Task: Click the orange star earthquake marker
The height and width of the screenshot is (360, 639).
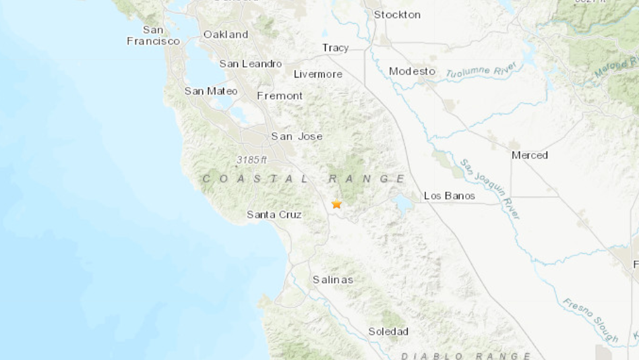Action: click(336, 204)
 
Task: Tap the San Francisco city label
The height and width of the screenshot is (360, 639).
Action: click(153, 35)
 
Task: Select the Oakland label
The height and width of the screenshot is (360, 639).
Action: click(226, 34)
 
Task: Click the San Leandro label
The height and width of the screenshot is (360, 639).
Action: click(251, 63)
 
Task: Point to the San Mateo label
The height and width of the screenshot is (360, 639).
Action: click(211, 91)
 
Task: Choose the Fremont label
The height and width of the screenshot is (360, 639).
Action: click(280, 96)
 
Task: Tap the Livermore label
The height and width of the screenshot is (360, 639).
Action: click(317, 74)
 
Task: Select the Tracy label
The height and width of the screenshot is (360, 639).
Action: click(335, 48)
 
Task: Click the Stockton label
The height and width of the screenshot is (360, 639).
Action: click(397, 15)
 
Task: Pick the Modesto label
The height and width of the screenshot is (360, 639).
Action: click(412, 71)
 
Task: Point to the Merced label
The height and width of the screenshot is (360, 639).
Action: click(529, 155)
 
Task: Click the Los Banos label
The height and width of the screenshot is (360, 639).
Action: click(449, 196)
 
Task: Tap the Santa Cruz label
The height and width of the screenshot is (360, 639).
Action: click(274, 214)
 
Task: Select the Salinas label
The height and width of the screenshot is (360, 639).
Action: click(332, 280)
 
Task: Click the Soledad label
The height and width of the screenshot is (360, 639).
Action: click(388, 332)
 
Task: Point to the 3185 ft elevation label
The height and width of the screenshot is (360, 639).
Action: click(252, 160)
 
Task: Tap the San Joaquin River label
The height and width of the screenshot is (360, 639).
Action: click(490, 189)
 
